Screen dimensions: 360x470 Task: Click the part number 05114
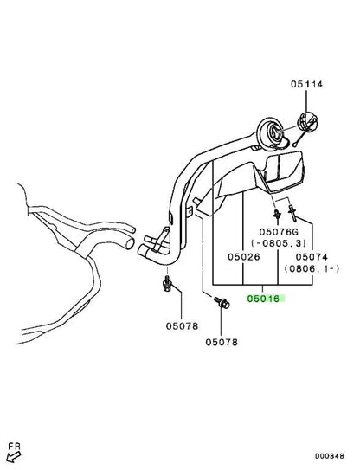(x=306, y=84)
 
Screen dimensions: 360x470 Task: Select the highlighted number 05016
(x=263, y=299)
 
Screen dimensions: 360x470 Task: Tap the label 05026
(x=244, y=257)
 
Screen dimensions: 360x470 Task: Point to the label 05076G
(x=279, y=232)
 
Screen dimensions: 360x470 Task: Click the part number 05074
(x=312, y=257)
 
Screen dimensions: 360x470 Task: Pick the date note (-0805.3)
(x=279, y=243)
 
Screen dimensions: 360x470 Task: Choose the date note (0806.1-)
(x=312, y=268)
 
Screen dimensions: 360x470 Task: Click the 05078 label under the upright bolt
(x=182, y=326)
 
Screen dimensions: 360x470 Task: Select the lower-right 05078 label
(x=222, y=342)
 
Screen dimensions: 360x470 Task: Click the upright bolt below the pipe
(x=167, y=284)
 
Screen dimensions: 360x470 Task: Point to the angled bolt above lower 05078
(x=222, y=303)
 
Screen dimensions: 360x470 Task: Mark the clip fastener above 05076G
(x=277, y=214)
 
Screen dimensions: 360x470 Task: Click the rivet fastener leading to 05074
(x=292, y=213)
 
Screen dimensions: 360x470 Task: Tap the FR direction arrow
(x=13, y=457)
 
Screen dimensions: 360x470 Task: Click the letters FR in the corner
(x=14, y=447)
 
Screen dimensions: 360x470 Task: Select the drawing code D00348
(x=330, y=456)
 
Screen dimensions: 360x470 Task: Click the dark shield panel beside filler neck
(x=285, y=171)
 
